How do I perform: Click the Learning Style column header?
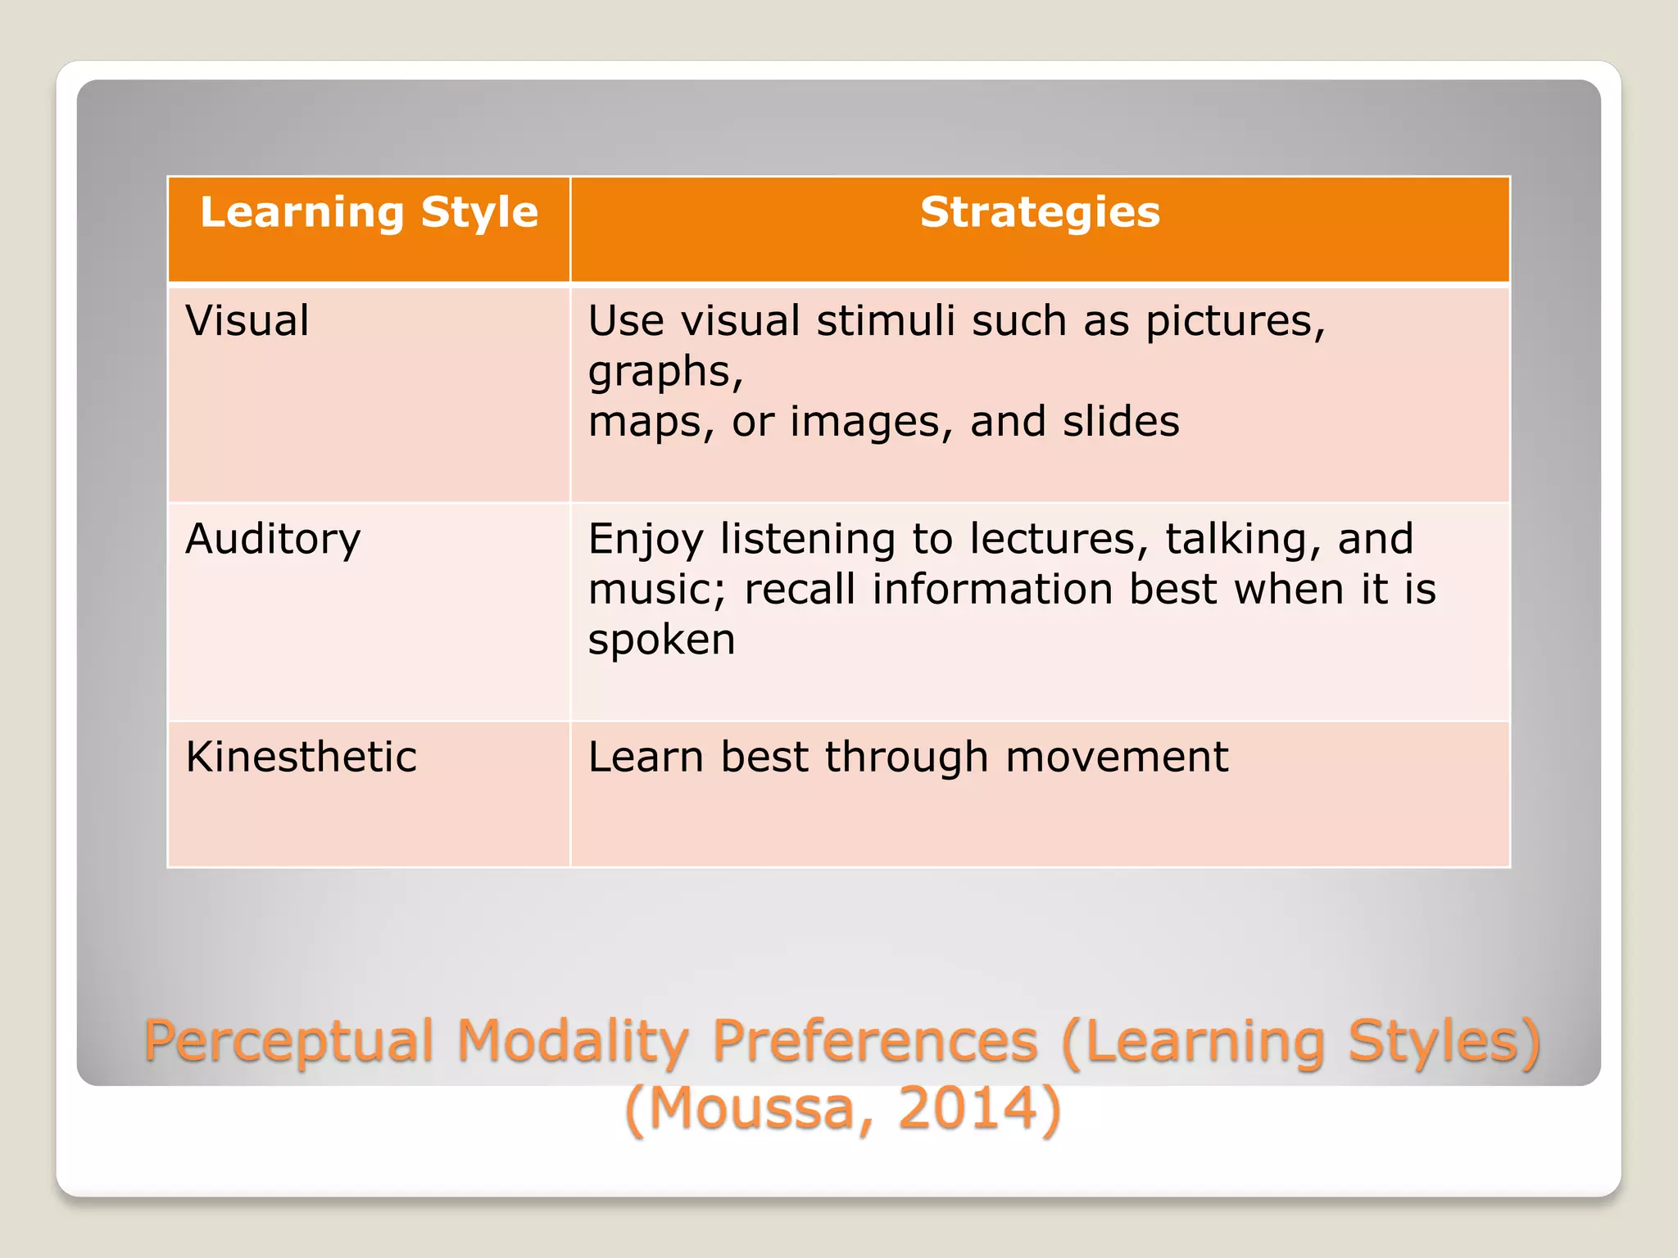pos(369,213)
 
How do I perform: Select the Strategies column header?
pos(1040,213)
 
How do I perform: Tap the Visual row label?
pos(247,320)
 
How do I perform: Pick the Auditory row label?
pos(273,540)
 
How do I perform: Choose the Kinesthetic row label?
pos(301,757)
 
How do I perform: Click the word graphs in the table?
pos(664,373)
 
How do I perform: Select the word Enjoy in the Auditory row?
pos(645,541)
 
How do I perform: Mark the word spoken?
pos(661,641)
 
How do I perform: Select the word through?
pos(906,758)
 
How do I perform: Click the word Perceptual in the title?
pos(288,1043)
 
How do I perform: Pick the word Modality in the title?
pos(573,1043)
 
